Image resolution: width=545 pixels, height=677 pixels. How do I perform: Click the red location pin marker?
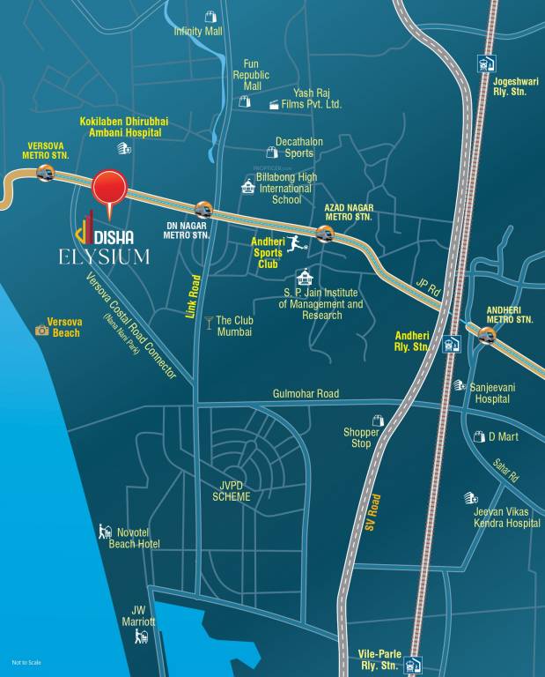click(x=110, y=189)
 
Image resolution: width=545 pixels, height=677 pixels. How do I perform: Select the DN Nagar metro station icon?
click(x=203, y=210)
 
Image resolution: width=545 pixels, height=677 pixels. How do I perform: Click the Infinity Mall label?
click(x=198, y=31)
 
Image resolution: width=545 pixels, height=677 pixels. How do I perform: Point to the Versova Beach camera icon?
click(x=41, y=330)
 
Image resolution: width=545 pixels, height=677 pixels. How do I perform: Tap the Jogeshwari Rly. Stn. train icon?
click(x=483, y=63)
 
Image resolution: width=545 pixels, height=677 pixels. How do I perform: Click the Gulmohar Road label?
click(x=306, y=393)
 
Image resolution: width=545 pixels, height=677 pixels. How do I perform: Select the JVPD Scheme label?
click(x=232, y=491)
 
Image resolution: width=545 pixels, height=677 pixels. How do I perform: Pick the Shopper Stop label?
click(x=362, y=437)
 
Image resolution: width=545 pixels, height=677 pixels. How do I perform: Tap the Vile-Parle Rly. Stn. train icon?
click(x=416, y=663)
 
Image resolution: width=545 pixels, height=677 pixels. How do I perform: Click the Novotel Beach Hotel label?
click(x=134, y=539)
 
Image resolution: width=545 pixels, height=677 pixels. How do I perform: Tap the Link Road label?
click(x=194, y=296)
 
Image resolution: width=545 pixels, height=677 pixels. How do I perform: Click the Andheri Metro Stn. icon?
click(x=486, y=335)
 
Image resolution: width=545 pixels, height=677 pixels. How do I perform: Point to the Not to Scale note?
click(x=27, y=662)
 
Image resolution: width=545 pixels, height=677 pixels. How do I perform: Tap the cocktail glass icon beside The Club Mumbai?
click(x=209, y=322)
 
